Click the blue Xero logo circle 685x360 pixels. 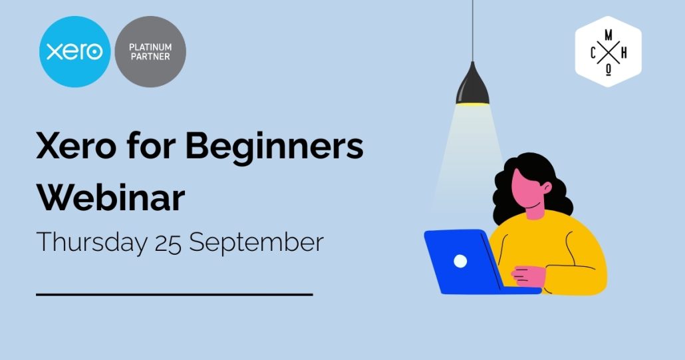[x=74, y=51]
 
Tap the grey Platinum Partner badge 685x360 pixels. [x=150, y=51]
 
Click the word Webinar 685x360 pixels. [x=110, y=198]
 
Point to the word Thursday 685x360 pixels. [x=92, y=242]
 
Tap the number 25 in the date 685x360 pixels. [x=168, y=244]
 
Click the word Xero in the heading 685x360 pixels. [x=76, y=146]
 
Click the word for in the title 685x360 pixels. [x=151, y=145]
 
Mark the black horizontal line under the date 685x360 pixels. [x=174, y=295]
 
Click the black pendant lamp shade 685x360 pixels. [x=473, y=84]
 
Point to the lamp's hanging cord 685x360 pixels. [x=473, y=31]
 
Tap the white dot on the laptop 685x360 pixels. [x=460, y=262]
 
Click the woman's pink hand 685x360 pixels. [x=528, y=276]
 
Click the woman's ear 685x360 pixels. [x=547, y=188]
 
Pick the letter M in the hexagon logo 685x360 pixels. [x=608, y=35]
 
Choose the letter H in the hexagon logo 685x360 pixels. [x=624, y=53]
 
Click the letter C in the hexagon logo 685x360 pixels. [x=593, y=53]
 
